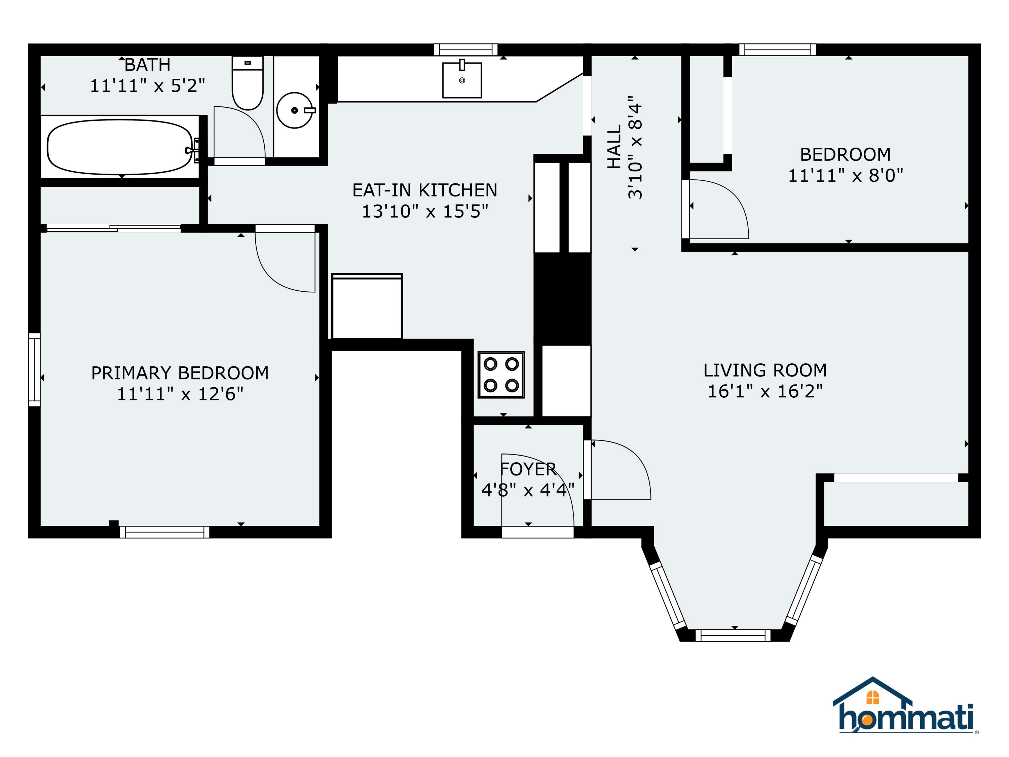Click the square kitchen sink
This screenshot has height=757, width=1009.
pos(462,79)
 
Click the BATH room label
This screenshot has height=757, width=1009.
pos(147,65)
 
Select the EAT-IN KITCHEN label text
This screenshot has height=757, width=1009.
pos(425,190)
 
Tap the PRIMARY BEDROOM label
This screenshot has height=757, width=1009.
pos(180,373)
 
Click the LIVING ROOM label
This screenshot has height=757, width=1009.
pos(765,370)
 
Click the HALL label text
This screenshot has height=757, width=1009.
pos(614,147)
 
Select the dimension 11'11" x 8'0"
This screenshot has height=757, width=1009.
pos(846,175)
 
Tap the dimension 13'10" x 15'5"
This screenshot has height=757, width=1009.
pos(425,212)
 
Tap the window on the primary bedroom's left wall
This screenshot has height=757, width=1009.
pos(34,370)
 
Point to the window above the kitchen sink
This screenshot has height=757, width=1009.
pos(466,50)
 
